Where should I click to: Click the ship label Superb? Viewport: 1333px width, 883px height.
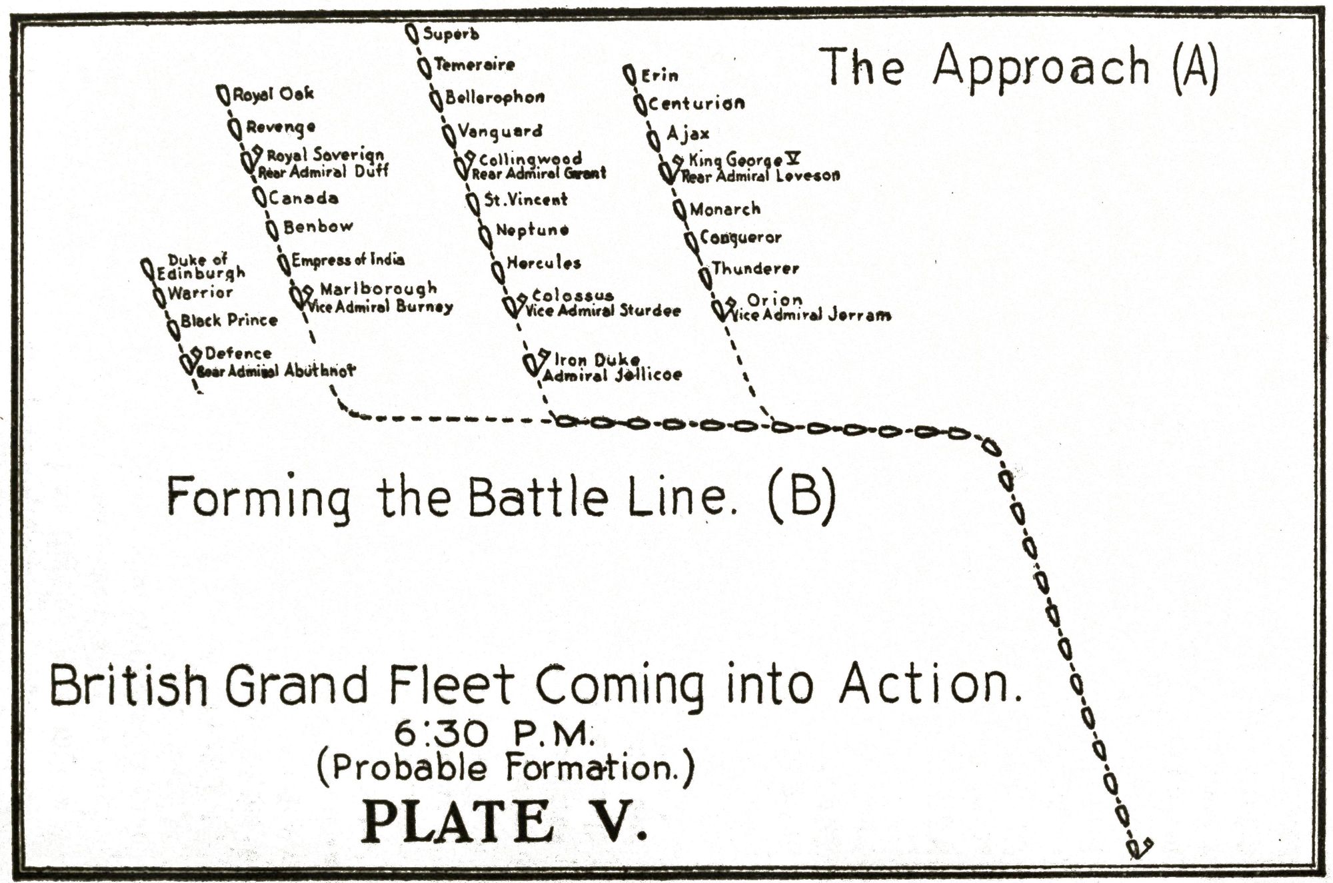coord(451,33)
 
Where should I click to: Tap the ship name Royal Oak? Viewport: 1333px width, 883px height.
coord(273,95)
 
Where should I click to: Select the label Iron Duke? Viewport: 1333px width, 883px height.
coord(597,361)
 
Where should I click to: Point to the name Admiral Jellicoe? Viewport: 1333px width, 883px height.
coord(612,375)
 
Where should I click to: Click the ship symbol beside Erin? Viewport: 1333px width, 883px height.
coord(629,75)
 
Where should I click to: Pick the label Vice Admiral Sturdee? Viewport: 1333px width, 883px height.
coord(603,311)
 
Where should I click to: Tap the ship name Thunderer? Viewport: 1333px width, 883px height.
coord(754,269)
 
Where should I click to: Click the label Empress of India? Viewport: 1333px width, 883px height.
coord(348,259)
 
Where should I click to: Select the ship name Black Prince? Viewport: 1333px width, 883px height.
coord(229,321)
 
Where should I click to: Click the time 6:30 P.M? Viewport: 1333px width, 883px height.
coord(493,734)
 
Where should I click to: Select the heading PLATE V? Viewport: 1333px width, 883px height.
coord(504,822)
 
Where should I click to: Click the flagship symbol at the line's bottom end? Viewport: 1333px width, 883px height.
coord(1138,848)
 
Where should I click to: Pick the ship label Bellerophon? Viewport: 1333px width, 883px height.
coord(495,97)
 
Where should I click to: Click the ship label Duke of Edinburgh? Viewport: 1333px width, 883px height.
coord(201,266)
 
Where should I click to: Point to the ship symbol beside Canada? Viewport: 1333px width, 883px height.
coord(260,197)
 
